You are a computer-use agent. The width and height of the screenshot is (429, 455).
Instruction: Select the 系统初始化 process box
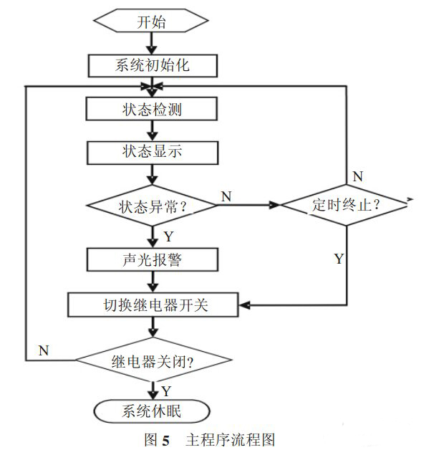pos(151,65)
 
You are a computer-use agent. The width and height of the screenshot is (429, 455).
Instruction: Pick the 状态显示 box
pos(151,151)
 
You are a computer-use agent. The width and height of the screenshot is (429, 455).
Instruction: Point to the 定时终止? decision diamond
pos(346,205)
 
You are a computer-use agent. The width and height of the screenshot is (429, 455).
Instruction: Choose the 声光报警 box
pos(151,259)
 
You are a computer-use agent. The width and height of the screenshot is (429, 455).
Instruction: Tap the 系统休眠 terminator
pos(151,411)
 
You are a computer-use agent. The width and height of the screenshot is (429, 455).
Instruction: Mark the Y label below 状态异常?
pos(168,236)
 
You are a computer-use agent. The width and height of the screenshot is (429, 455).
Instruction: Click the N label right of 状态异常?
pos(226,196)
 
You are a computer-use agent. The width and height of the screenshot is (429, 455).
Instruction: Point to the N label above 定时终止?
pos(357,176)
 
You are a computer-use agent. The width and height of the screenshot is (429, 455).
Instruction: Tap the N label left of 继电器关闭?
pos(44,350)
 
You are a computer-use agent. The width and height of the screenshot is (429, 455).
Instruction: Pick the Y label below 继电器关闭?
pos(166,391)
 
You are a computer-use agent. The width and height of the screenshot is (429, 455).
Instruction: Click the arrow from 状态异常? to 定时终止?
pos(248,205)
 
